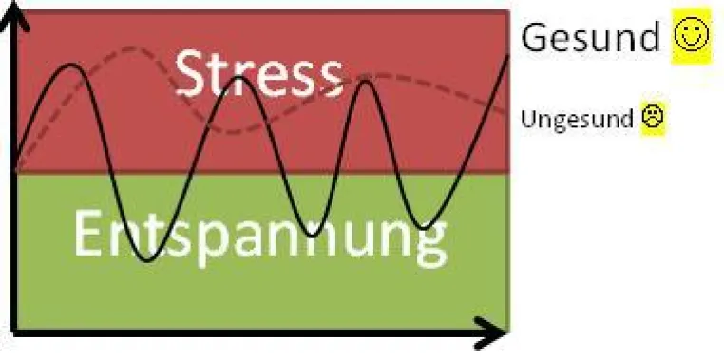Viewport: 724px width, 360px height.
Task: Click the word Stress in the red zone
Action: pos(259,73)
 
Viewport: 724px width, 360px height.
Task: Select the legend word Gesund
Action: pos(591,37)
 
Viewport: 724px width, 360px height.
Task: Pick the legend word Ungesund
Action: pos(577,119)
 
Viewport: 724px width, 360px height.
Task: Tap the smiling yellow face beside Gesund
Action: pos(691,34)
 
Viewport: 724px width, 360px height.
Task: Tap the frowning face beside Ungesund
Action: pos(653,117)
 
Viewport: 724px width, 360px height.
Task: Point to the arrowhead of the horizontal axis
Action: pos(491,332)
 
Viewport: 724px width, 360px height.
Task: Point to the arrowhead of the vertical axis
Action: pos(14,14)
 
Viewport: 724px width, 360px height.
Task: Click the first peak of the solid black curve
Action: pos(70,65)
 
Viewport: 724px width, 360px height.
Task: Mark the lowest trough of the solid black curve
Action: pos(148,261)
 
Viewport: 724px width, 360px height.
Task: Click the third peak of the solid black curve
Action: pos(366,82)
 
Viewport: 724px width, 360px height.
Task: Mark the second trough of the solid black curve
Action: pos(313,236)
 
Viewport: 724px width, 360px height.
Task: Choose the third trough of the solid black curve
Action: pos(424,228)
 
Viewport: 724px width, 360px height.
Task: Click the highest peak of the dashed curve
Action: pos(132,47)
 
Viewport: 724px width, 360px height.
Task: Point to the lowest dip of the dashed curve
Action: pos(232,132)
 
